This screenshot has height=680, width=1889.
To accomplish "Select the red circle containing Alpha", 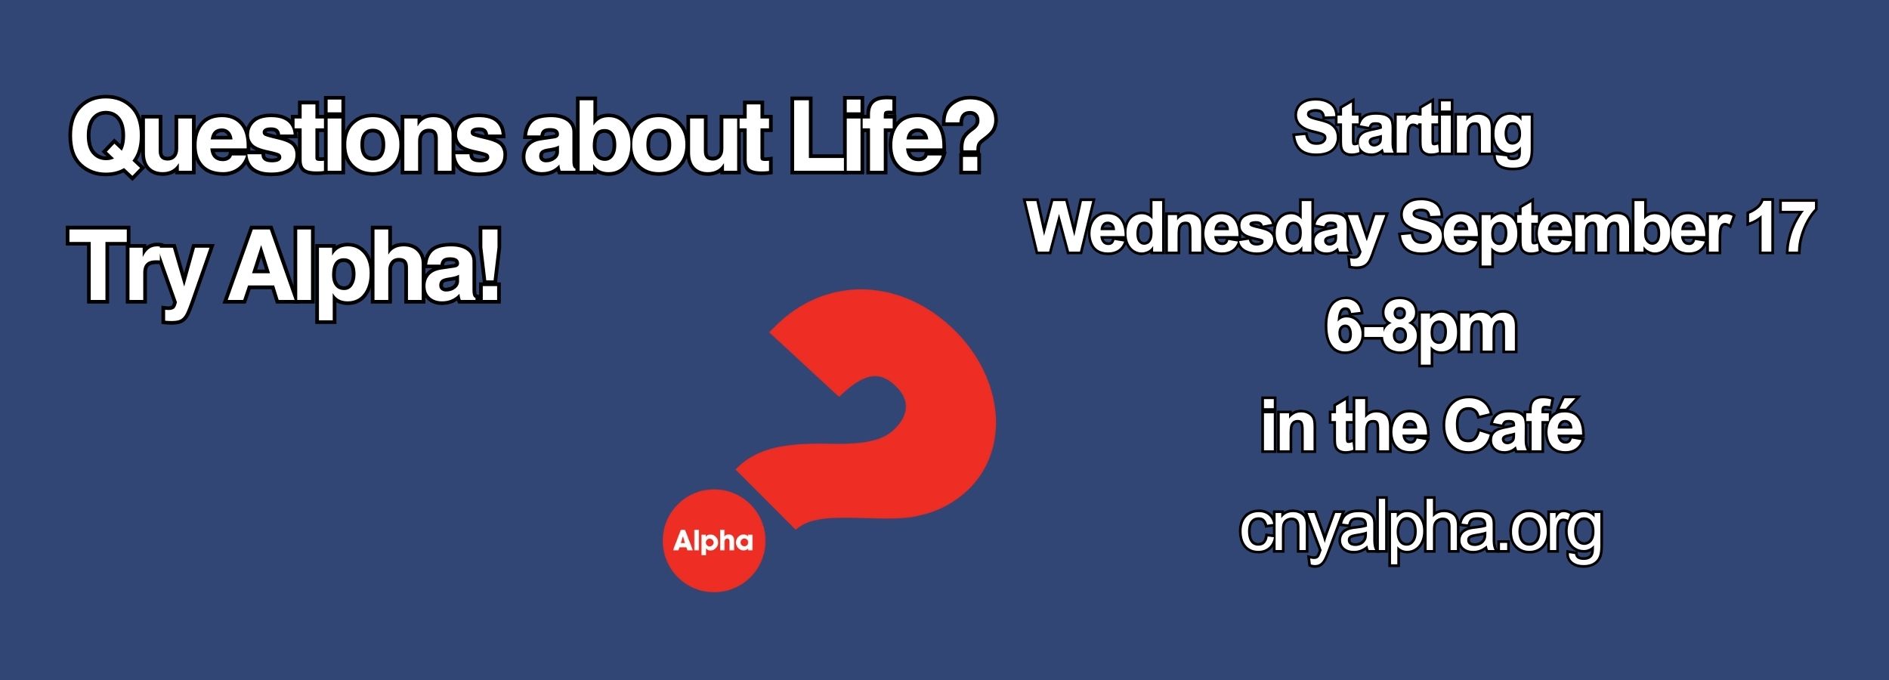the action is tap(713, 541).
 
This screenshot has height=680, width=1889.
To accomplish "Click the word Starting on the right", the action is tap(1412, 133).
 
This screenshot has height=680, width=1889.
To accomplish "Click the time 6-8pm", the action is tap(1421, 331).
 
